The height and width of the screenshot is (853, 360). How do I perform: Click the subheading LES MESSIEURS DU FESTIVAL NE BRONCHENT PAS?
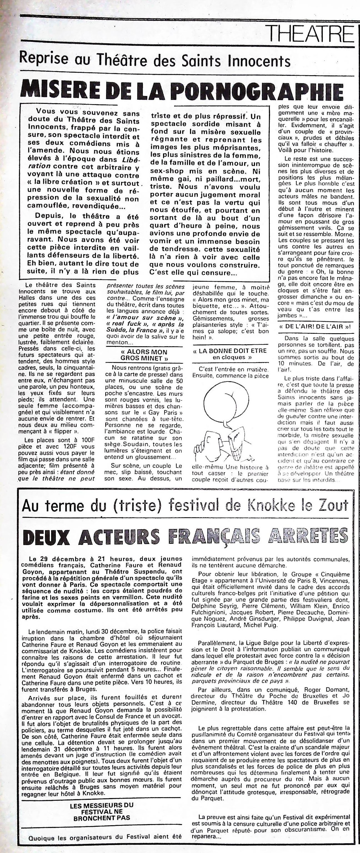pos(101,781)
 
